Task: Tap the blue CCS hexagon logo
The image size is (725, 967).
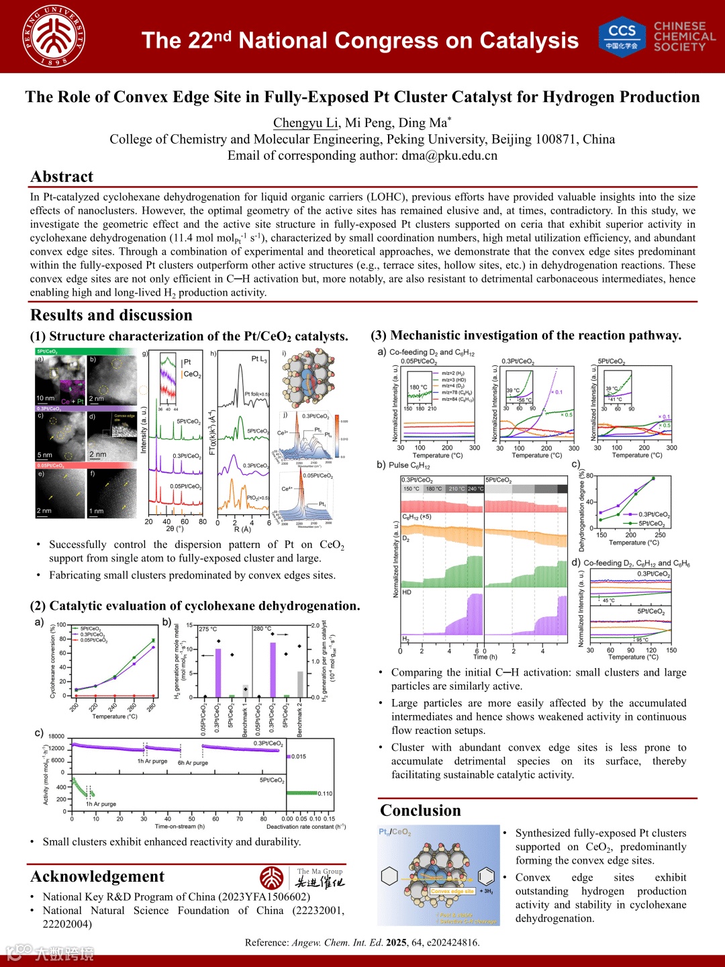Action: [622, 36]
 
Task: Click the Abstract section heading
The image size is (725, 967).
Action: [62, 177]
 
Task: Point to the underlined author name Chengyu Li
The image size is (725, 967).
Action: [305, 123]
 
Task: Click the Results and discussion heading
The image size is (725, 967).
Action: [111, 315]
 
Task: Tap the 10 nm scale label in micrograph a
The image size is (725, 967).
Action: [46, 398]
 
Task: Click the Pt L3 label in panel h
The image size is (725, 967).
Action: [259, 359]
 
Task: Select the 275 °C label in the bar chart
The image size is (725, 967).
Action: [208, 629]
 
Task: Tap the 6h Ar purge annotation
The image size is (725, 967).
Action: [193, 763]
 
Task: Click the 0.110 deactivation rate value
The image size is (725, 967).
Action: [325, 794]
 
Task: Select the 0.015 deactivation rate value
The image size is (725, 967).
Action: [298, 757]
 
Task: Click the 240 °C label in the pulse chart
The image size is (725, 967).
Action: [475, 489]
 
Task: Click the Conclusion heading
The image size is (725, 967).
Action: [420, 811]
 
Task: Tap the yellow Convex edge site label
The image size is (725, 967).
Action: [452, 891]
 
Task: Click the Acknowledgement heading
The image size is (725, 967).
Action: [97, 876]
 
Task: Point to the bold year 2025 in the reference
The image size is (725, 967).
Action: [396, 943]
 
